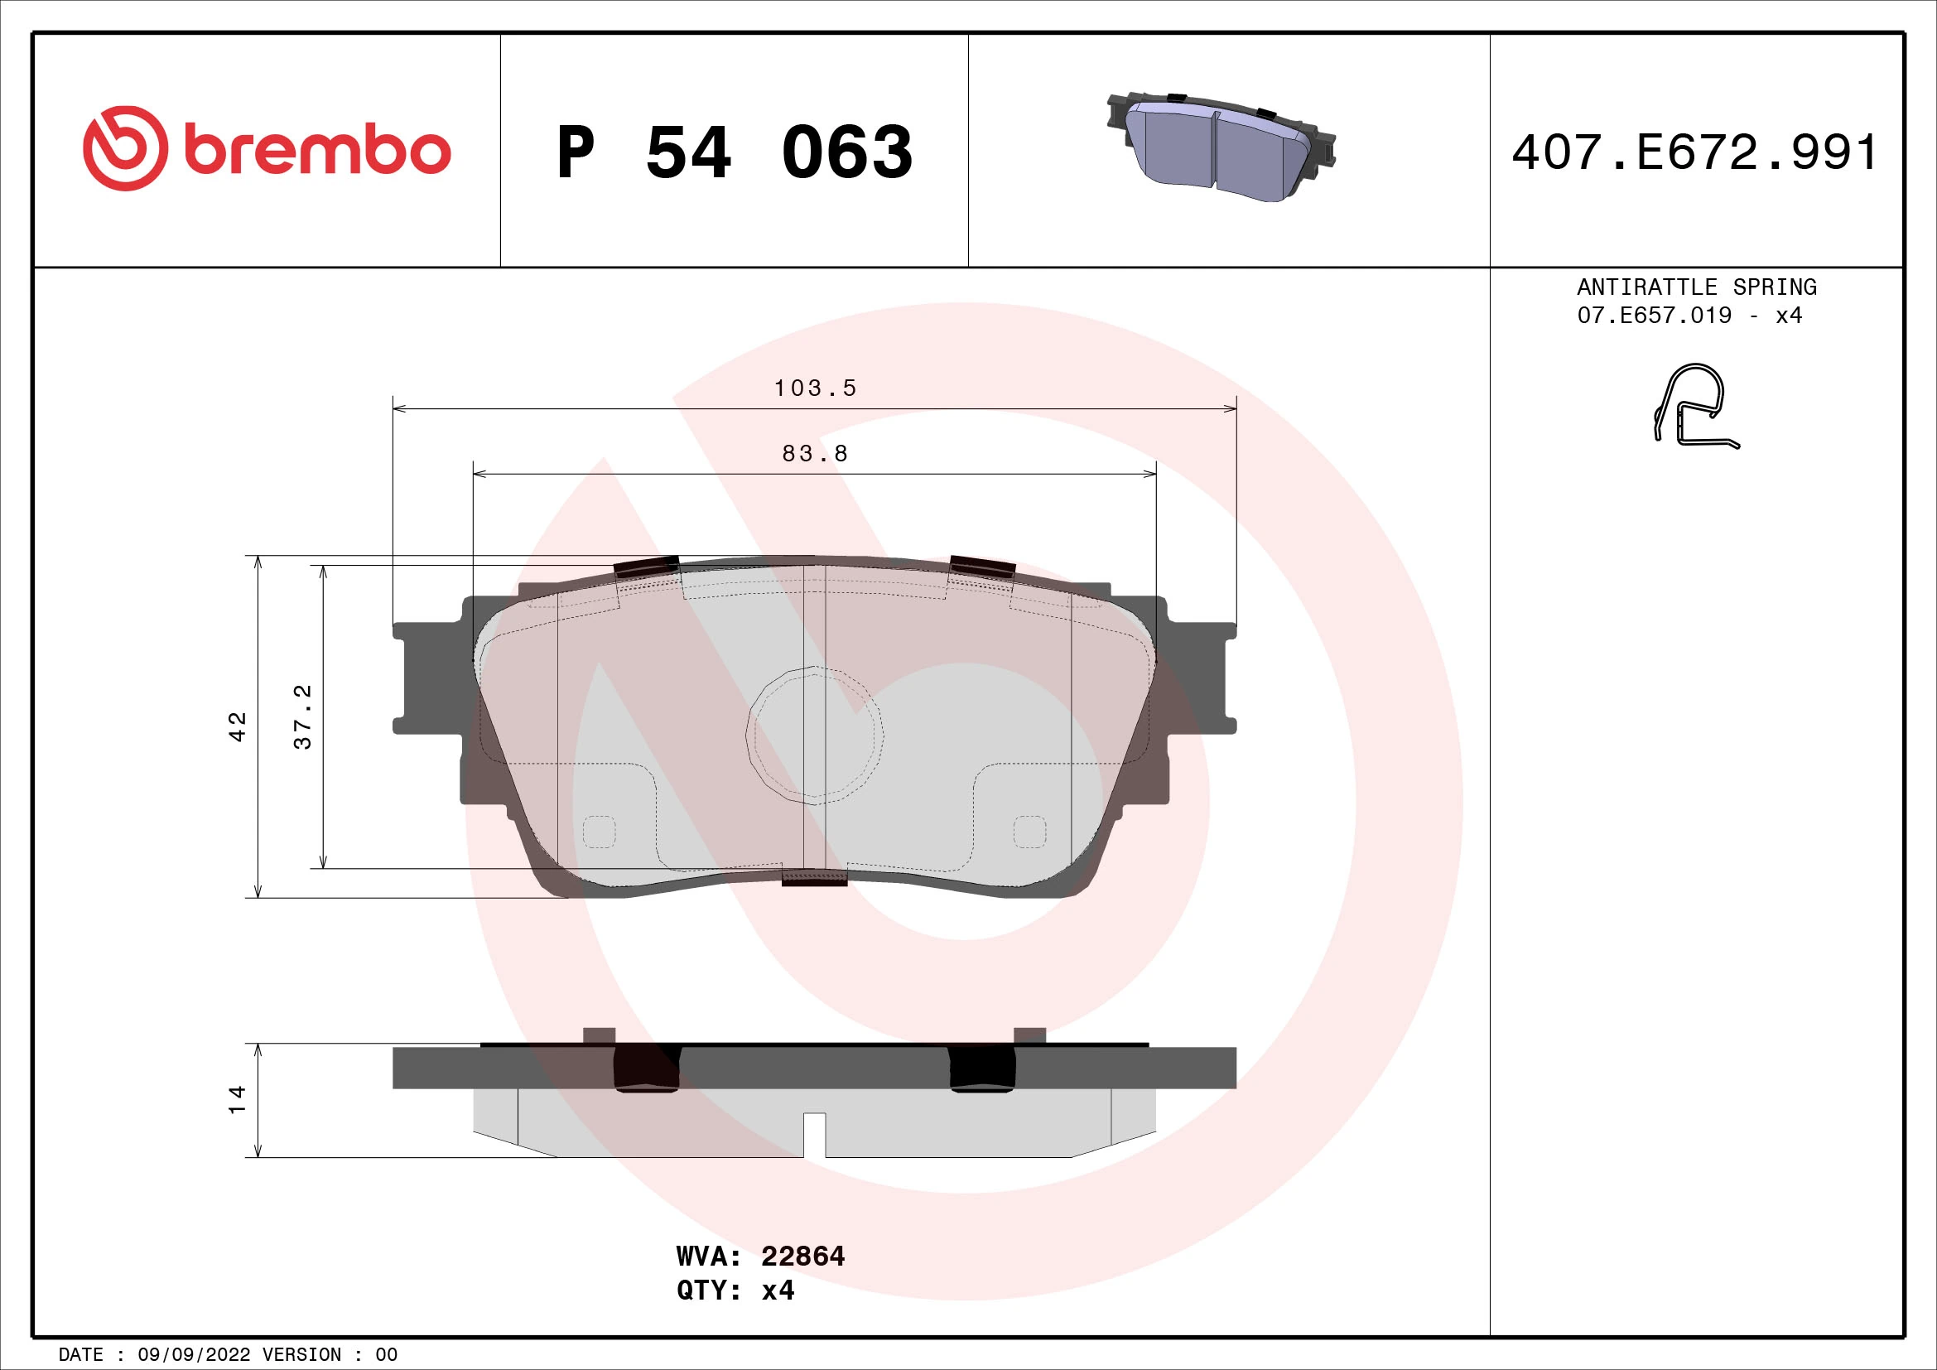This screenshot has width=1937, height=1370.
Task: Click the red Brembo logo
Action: tap(267, 149)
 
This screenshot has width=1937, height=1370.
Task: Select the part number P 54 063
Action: tap(734, 152)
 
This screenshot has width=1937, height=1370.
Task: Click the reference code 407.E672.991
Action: tap(1694, 152)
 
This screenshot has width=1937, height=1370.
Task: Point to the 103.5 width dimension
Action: tap(815, 388)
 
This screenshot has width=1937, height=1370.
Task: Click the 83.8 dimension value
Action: tap(815, 454)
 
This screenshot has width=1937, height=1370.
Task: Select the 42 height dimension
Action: tap(238, 726)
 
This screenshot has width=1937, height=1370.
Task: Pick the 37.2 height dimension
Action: tap(303, 716)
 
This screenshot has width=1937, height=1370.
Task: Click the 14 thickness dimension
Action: tap(238, 1099)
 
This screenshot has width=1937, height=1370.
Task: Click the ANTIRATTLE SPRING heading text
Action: tap(1697, 287)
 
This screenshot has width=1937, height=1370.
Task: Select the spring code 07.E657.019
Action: tap(1654, 316)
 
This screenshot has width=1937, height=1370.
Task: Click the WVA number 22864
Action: tap(802, 1257)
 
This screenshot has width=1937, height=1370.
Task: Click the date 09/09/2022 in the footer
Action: tap(193, 1355)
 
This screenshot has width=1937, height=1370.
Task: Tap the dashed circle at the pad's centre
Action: tap(815, 734)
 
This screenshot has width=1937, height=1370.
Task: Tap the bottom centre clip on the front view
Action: tap(814, 877)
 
